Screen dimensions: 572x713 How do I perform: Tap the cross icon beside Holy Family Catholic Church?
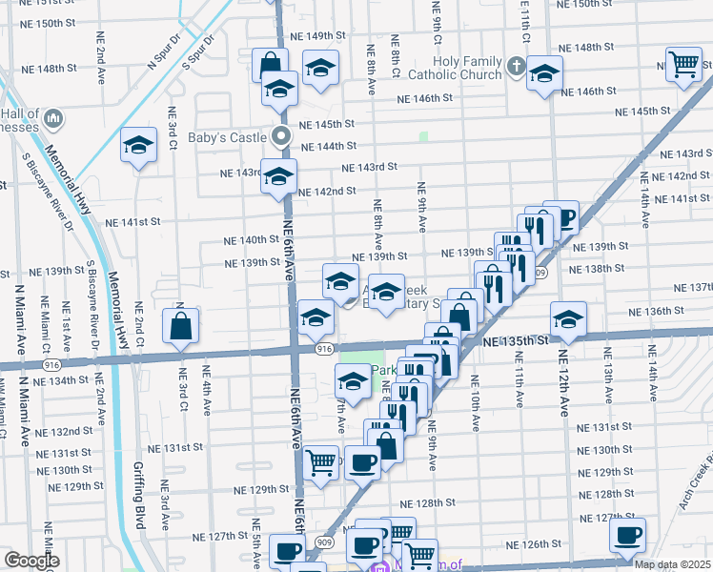click(x=516, y=67)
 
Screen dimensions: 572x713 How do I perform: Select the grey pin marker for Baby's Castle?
click(x=281, y=136)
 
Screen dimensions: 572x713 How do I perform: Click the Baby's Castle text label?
click(x=231, y=138)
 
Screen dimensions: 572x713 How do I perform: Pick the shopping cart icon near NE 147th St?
click(x=683, y=65)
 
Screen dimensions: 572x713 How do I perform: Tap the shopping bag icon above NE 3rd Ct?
click(x=181, y=326)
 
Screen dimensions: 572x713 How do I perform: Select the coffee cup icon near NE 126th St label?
click(x=627, y=536)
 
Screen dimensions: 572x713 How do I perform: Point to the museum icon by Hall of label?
click(x=53, y=120)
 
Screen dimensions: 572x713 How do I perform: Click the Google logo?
click(x=31, y=561)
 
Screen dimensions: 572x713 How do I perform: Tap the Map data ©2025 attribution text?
click(x=672, y=564)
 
